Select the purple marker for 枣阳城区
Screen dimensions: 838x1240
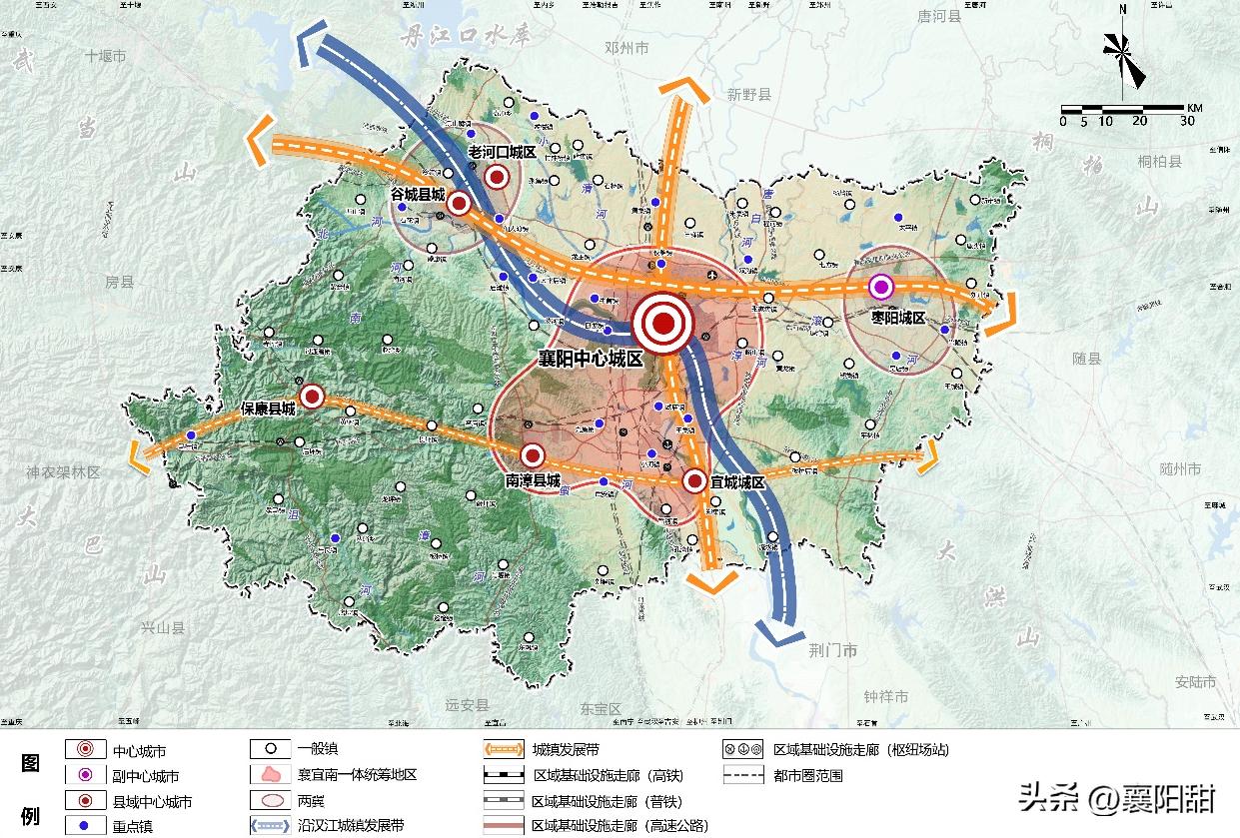pyautogui.click(x=880, y=287)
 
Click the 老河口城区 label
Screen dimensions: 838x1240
pyautogui.click(x=503, y=151)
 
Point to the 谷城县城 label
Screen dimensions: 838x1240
pyautogui.click(x=418, y=196)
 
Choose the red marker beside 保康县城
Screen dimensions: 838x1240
pyautogui.click(x=312, y=397)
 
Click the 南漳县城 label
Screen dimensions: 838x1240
pyautogui.click(x=533, y=479)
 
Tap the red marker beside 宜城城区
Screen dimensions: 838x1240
pyautogui.click(x=694, y=480)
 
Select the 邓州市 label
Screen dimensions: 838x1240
pyautogui.click(x=626, y=48)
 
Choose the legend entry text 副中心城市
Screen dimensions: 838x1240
pyautogui.click(x=146, y=776)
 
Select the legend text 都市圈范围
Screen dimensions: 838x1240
pyautogui.click(x=808, y=774)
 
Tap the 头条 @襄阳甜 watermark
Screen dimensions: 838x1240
pyautogui.click(x=1116, y=797)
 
